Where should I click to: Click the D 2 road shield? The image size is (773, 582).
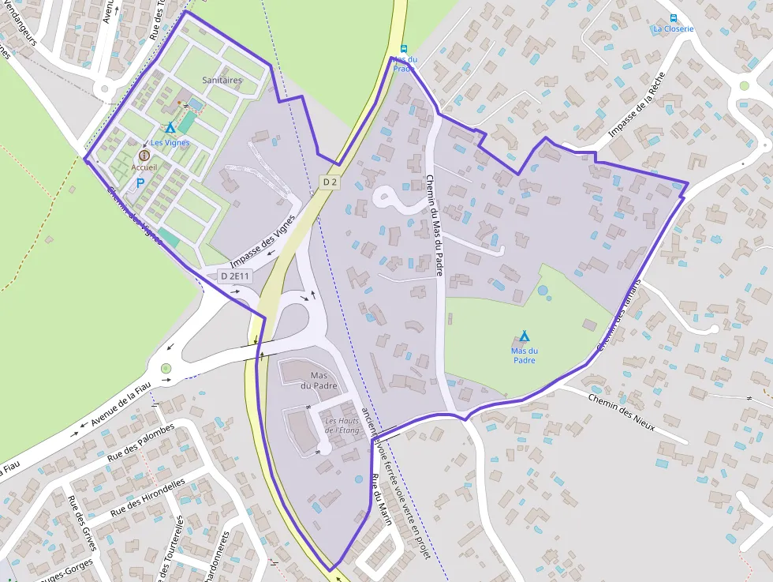tap(330, 182)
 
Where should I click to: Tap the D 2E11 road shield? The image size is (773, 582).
tap(235, 276)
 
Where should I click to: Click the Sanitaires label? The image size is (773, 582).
tap(222, 81)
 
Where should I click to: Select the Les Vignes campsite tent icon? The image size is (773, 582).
tap(170, 128)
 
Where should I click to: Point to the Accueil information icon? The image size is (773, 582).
tap(144, 156)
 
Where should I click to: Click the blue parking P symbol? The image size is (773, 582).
tap(140, 182)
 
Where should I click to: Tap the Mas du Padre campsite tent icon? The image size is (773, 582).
tap(524, 337)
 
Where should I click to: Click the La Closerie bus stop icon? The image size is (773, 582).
tap(673, 17)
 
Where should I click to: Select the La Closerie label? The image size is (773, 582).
tap(673, 29)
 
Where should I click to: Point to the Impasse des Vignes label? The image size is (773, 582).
tap(263, 240)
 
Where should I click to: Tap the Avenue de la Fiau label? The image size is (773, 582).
tap(120, 404)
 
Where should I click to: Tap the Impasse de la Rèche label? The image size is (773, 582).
tap(637, 106)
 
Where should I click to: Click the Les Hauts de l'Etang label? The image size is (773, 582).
tap(342, 426)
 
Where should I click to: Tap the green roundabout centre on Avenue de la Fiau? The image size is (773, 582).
tap(166, 368)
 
